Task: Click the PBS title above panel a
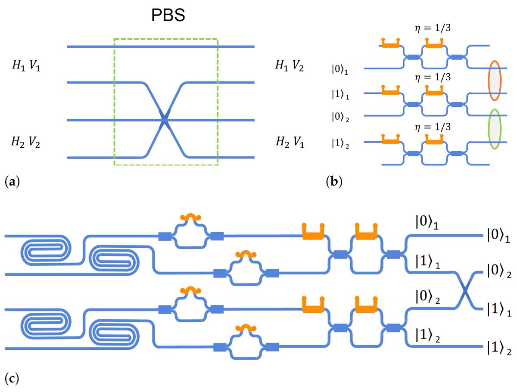click(168, 16)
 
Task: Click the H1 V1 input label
click(26, 65)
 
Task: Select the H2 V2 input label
click(26, 142)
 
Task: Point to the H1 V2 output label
click(290, 65)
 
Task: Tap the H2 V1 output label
click(290, 142)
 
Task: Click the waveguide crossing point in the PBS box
click(165, 120)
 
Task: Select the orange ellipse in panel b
click(495, 81)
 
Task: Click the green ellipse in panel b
click(495, 129)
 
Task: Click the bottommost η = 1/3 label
click(433, 127)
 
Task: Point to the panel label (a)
click(12, 182)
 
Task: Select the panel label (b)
click(334, 182)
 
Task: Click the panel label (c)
click(12, 379)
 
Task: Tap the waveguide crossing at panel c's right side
click(465, 291)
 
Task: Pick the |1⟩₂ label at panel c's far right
click(499, 348)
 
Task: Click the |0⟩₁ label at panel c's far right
click(498, 236)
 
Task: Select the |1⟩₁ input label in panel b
click(340, 95)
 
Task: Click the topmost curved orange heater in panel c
click(190, 217)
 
